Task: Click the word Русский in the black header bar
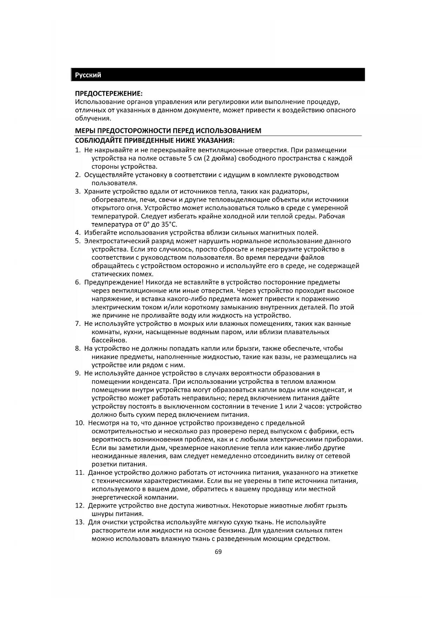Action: [x=88, y=75]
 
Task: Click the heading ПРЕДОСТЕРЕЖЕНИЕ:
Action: [x=109, y=94]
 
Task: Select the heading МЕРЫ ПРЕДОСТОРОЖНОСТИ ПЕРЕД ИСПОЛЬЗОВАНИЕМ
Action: [x=168, y=131]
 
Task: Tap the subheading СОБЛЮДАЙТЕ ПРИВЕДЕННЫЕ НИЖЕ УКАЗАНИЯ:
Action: [x=155, y=141]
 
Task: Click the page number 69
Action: [x=218, y=552]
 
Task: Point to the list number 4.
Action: [x=78, y=233]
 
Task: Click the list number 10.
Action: [x=80, y=423]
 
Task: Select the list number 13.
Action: [x=80, y=522]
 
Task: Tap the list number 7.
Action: [x=78, y=324]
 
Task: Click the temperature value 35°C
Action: [x=169, y=224]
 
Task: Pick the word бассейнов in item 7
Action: [x=109, y=341]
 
